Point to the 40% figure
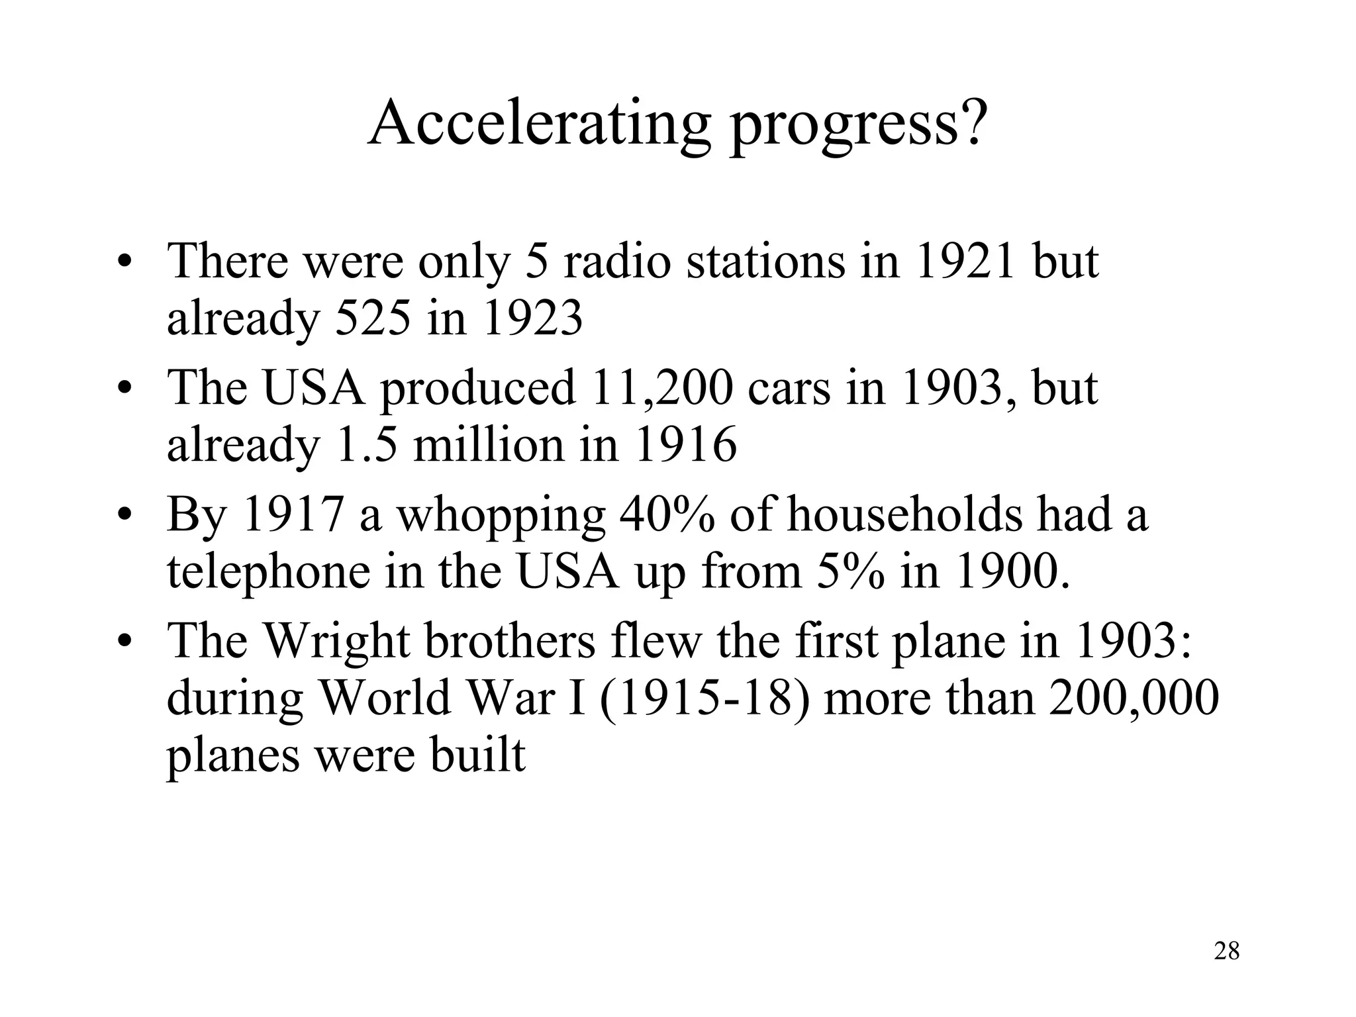[667, 514]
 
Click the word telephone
[268, 572]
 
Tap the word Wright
[337, 642]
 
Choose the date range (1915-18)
[704, 698]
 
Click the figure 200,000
[1134, 698]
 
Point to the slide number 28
[1227, 951]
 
